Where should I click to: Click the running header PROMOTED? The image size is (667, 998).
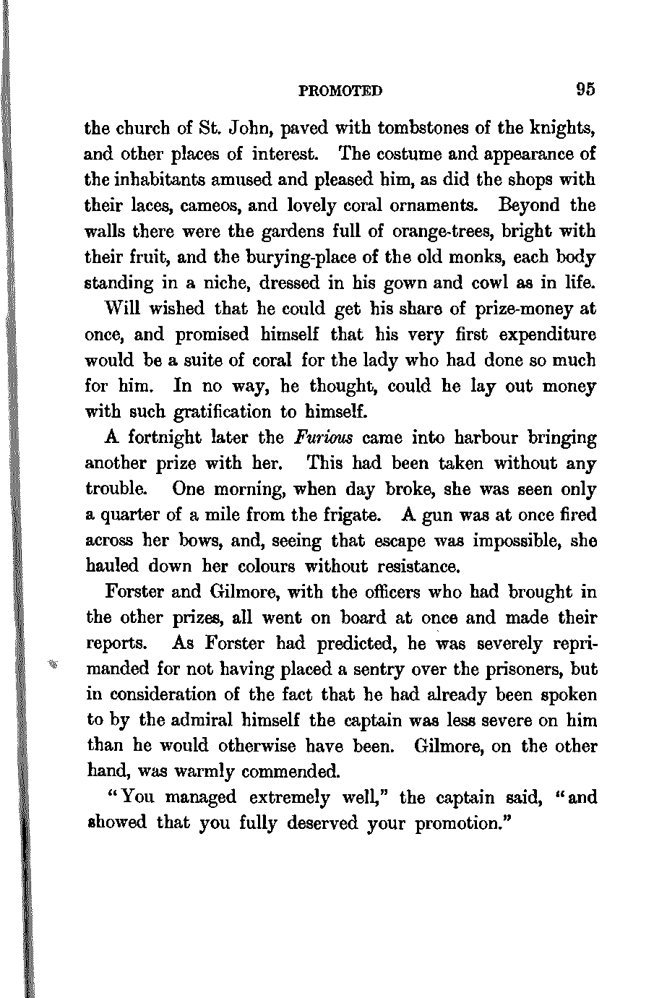[340, 91]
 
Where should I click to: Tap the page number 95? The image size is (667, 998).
[585, 90]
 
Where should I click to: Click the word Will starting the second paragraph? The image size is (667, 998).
[124, 309]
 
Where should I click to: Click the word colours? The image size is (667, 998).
[258, 567]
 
